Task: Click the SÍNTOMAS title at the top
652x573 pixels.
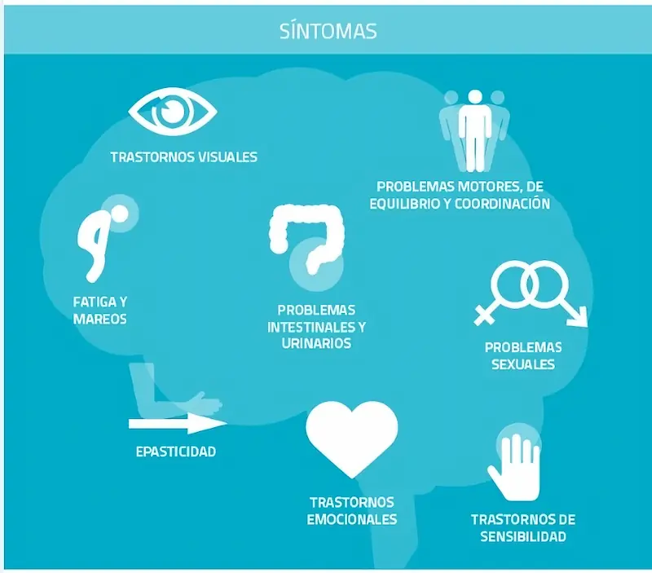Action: click(327, 31)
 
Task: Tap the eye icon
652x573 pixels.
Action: click(173, 112)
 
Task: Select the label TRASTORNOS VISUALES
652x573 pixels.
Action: click(183, 156)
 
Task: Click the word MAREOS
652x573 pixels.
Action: click(99, 319)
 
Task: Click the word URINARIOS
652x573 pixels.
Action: click(315, 344)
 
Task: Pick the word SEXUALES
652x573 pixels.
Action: click(522, 364)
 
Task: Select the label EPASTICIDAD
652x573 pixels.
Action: click(176, 451)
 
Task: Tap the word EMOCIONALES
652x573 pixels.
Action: click(351, 519)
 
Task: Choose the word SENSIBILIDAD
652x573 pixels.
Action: click(522, 537)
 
